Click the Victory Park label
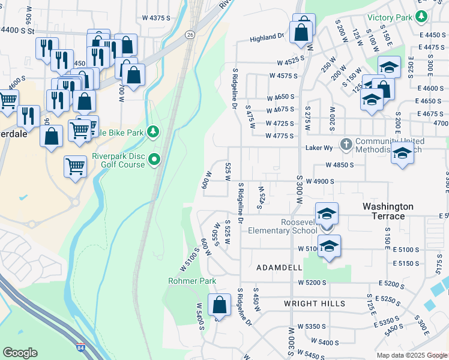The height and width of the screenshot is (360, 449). tap(390, 17)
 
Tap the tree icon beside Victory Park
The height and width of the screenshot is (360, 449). tap(423, 16)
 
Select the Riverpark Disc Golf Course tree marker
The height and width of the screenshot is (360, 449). tap(155, 160)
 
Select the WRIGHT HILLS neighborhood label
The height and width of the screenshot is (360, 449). tap(314, 304)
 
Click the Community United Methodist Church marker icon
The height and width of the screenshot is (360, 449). tap(346, 144)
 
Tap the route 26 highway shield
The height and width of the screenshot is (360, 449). tap(190, 35)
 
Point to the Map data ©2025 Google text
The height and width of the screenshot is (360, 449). tap(411, 355)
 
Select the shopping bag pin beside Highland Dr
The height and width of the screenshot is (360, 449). tap(301, 32)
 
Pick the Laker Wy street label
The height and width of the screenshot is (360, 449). tap(318, 146)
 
